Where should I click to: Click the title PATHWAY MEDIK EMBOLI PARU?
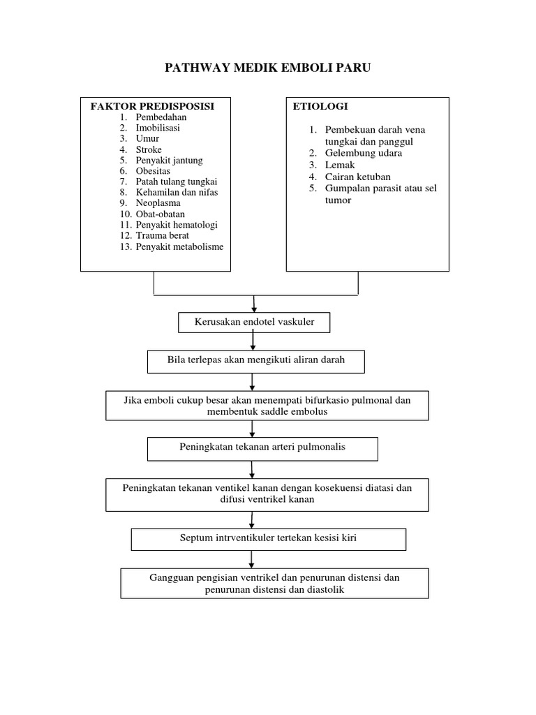pyautogui.click(x=267, y=68)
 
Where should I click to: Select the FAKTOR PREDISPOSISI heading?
pyautogui.click(x=151, y=106)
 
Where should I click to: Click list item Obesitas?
pyautogui.click(x=153, y=171)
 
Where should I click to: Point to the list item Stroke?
pyautogui.click(x=149, y=149)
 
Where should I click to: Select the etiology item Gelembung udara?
pyautogui.click(x=364, y=153)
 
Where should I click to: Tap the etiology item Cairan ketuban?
pyautogui.click(x=357, y=177)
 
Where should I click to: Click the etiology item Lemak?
pyautogui.click(x=339, y=165)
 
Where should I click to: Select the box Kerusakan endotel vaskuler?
pyautogui.click(x=253, y=323)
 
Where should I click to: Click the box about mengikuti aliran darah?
pyautogui.click(x=255, y=361)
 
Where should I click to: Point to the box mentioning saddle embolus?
pyautogui.click(x=267, y=406)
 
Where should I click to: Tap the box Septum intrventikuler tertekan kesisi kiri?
pyautogui.click(x=268, y=539)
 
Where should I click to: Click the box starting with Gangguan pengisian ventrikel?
pyautogui.click(x=274, y=583)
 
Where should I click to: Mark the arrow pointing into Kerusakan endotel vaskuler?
pyautogui.click(x=253, y=304)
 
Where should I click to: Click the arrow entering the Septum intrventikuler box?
pyautogui.click(x=252, y=519)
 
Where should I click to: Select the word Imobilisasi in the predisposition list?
pyautogui.click(x=158, y=128)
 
